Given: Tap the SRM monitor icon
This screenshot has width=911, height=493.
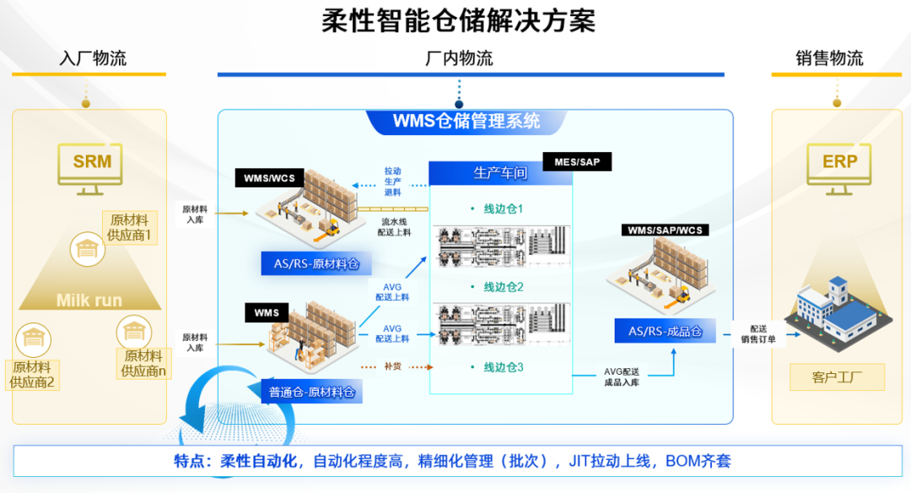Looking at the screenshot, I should point(92,163).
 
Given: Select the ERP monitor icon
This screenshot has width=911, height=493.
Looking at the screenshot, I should point(839,163).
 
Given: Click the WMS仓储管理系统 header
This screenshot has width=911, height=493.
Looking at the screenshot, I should point(466,121).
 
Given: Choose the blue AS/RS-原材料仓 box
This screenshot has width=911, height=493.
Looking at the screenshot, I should point(316,264).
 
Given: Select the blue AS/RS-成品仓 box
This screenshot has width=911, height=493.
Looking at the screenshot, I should point(666,331).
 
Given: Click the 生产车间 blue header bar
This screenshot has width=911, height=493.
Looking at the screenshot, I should point(500,173).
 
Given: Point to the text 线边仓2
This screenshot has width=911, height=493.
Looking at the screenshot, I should point(504,287).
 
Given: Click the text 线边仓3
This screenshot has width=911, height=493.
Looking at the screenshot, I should point(504,367).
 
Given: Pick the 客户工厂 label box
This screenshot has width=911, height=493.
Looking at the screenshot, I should point(837,377).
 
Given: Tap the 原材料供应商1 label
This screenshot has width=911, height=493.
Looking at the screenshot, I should point(129,227).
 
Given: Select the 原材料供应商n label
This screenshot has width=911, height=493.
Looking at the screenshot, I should point(143,363).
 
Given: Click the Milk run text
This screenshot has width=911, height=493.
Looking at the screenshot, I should point(89,300).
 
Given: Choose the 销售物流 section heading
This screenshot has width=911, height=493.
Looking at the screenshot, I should point(829,58).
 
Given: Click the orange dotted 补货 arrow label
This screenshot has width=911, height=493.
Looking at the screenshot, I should point(392,366).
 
